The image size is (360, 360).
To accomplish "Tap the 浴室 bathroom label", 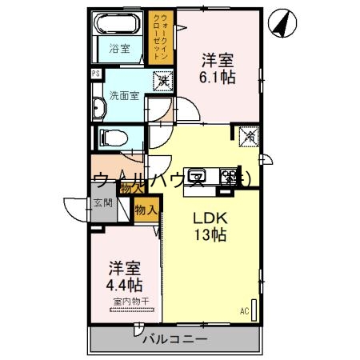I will coord(119,49).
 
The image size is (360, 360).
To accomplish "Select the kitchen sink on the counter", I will coord(200,175).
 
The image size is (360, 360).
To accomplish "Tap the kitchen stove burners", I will coord(232,175).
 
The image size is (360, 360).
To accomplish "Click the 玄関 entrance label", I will coord(102,203).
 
